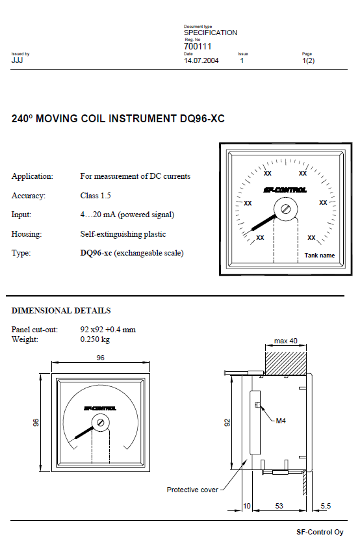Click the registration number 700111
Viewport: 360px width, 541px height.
pos(198,46)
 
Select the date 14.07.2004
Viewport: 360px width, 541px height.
pos(201,60)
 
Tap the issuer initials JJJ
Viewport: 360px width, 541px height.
pos(17,60)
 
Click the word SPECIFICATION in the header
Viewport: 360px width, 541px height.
pos(211,33)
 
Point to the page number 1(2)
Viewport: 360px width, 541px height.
pos(308,60)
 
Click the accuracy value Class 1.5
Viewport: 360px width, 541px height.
pos(96,196)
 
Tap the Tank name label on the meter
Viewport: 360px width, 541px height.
pos(319,256)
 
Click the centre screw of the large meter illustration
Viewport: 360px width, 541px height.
pos(285,209)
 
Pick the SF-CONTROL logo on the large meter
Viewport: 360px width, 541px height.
pos(285,190)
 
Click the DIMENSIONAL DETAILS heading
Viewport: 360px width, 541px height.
pos(61,311)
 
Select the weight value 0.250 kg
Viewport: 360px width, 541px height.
pos(95,339)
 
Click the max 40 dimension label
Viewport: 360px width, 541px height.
pos(285,341)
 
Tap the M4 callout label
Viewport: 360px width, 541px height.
pos(281,421)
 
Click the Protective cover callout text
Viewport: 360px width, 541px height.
pos(192,490)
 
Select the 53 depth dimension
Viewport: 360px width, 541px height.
pos(279,506)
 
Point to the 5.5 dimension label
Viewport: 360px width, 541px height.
pos(326,506)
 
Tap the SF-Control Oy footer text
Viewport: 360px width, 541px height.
pos(320,532)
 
